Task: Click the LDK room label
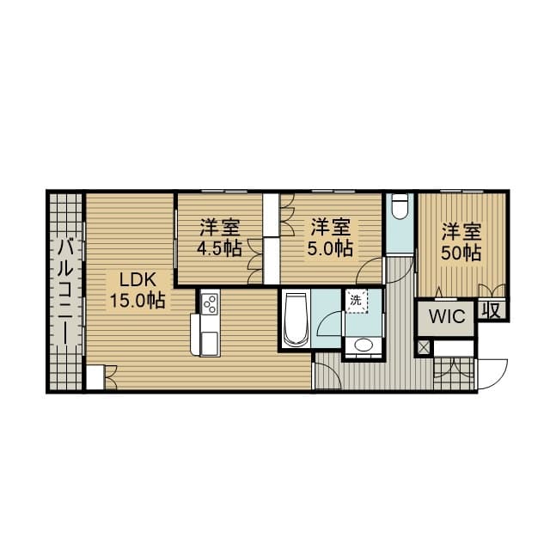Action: click(137, 279)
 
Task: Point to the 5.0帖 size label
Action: click(331, 249)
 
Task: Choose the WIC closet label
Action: click(447, 316)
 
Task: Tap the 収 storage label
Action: click(492, 309)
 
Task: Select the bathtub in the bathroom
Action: click(295, 321)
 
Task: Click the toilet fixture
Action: click(400, 207)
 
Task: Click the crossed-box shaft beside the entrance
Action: click(423, 348)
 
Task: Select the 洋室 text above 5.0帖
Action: click(331, 228)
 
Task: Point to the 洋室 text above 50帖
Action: click(461, 232)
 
